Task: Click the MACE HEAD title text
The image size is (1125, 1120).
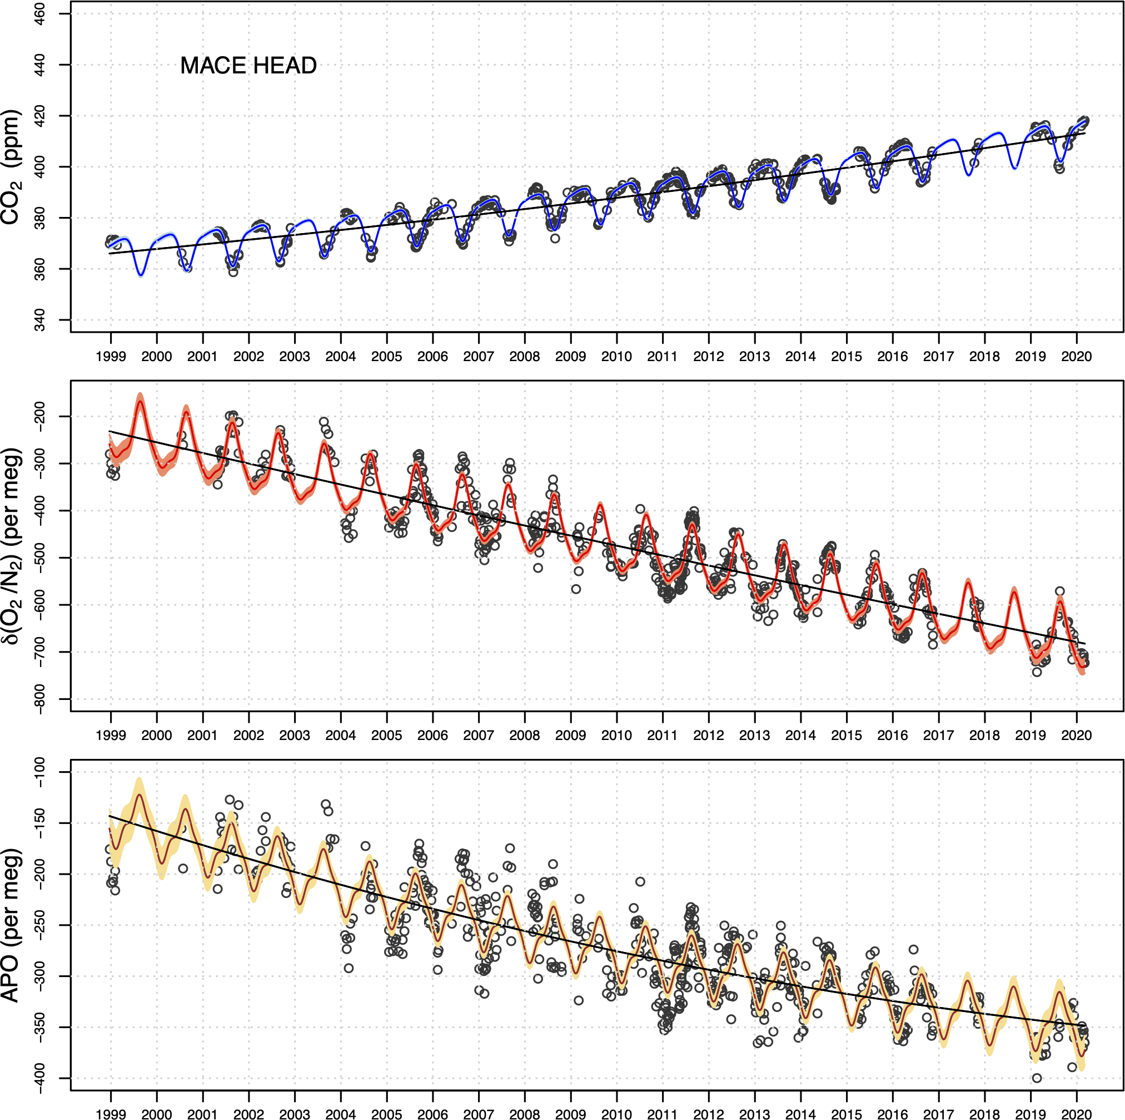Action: click(248, 65)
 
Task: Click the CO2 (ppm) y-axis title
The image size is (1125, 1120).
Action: click(12, 167)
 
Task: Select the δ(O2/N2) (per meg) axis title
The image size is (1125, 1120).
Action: click(12, 546)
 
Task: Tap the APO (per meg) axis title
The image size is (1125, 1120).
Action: click(12, 925)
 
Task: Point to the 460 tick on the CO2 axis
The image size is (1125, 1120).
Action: click(39, 14)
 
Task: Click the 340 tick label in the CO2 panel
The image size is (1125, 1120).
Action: click(39, 320)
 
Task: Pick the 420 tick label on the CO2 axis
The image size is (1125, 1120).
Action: click(39, 116)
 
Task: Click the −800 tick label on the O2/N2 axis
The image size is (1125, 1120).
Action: click(39, 699)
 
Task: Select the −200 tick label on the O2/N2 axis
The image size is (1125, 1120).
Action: click(39, 416)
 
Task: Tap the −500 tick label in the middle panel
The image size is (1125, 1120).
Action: click(39, 557)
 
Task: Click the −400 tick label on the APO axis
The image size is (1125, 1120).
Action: click(39, 1078)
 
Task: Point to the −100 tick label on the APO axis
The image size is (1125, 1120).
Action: click(39, 772)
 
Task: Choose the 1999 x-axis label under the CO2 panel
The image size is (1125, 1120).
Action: click(111, 356)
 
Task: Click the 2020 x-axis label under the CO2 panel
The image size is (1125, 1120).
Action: click(1076, 356)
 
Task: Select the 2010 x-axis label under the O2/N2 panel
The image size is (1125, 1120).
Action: click(616, 735)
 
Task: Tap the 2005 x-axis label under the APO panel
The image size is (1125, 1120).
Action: click(387, 1113)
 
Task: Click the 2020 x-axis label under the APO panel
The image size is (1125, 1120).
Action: click(1076, 1113)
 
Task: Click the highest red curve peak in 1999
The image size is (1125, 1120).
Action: click(140, 401)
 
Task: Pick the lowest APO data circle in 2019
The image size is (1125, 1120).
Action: click(1037, 1078)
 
